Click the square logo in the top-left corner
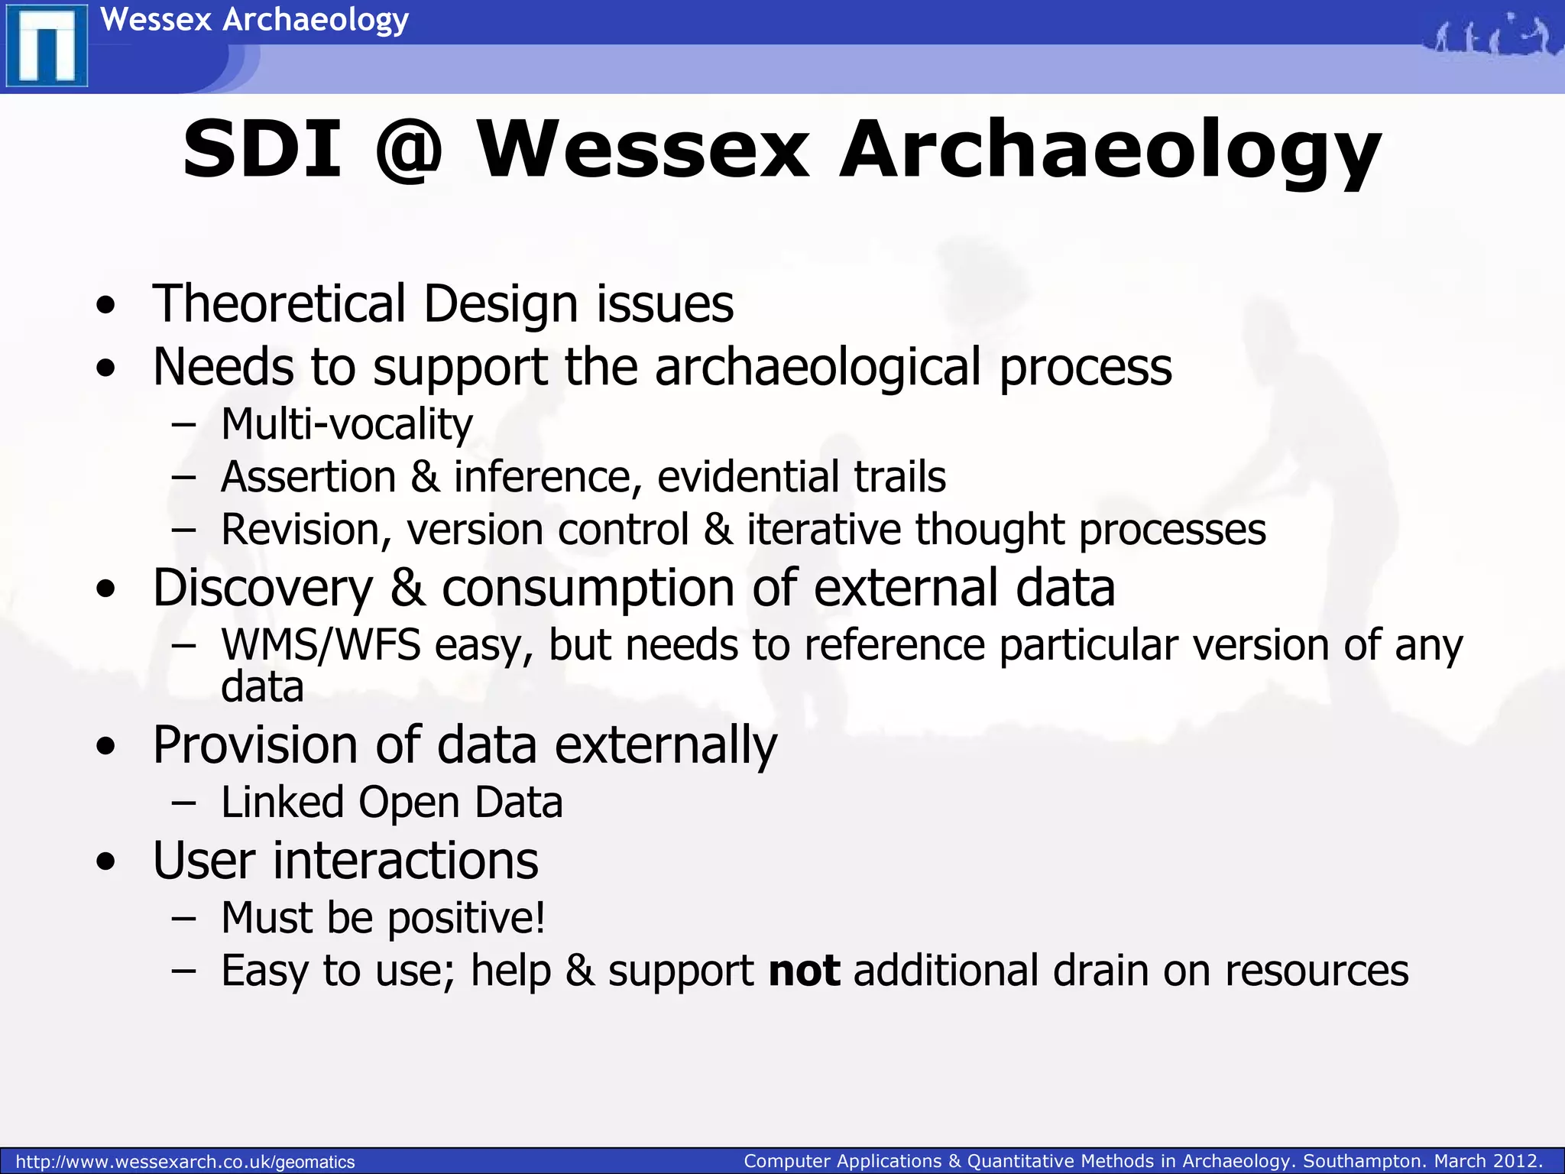[46, 46]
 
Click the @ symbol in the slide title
[409, 151]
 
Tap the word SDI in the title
[261, 149]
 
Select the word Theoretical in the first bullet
[279, 304]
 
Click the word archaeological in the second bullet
[818, 368]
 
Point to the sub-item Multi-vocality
[346, 424]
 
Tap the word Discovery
[262, 589]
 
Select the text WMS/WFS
[320, 645]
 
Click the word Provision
[254, 745]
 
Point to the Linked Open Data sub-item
[391, 803]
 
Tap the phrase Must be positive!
[383, 918]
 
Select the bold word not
[804, 971]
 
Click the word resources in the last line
[1316, 971]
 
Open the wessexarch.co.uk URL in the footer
[185, 1162]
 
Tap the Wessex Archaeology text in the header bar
[254, 19]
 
